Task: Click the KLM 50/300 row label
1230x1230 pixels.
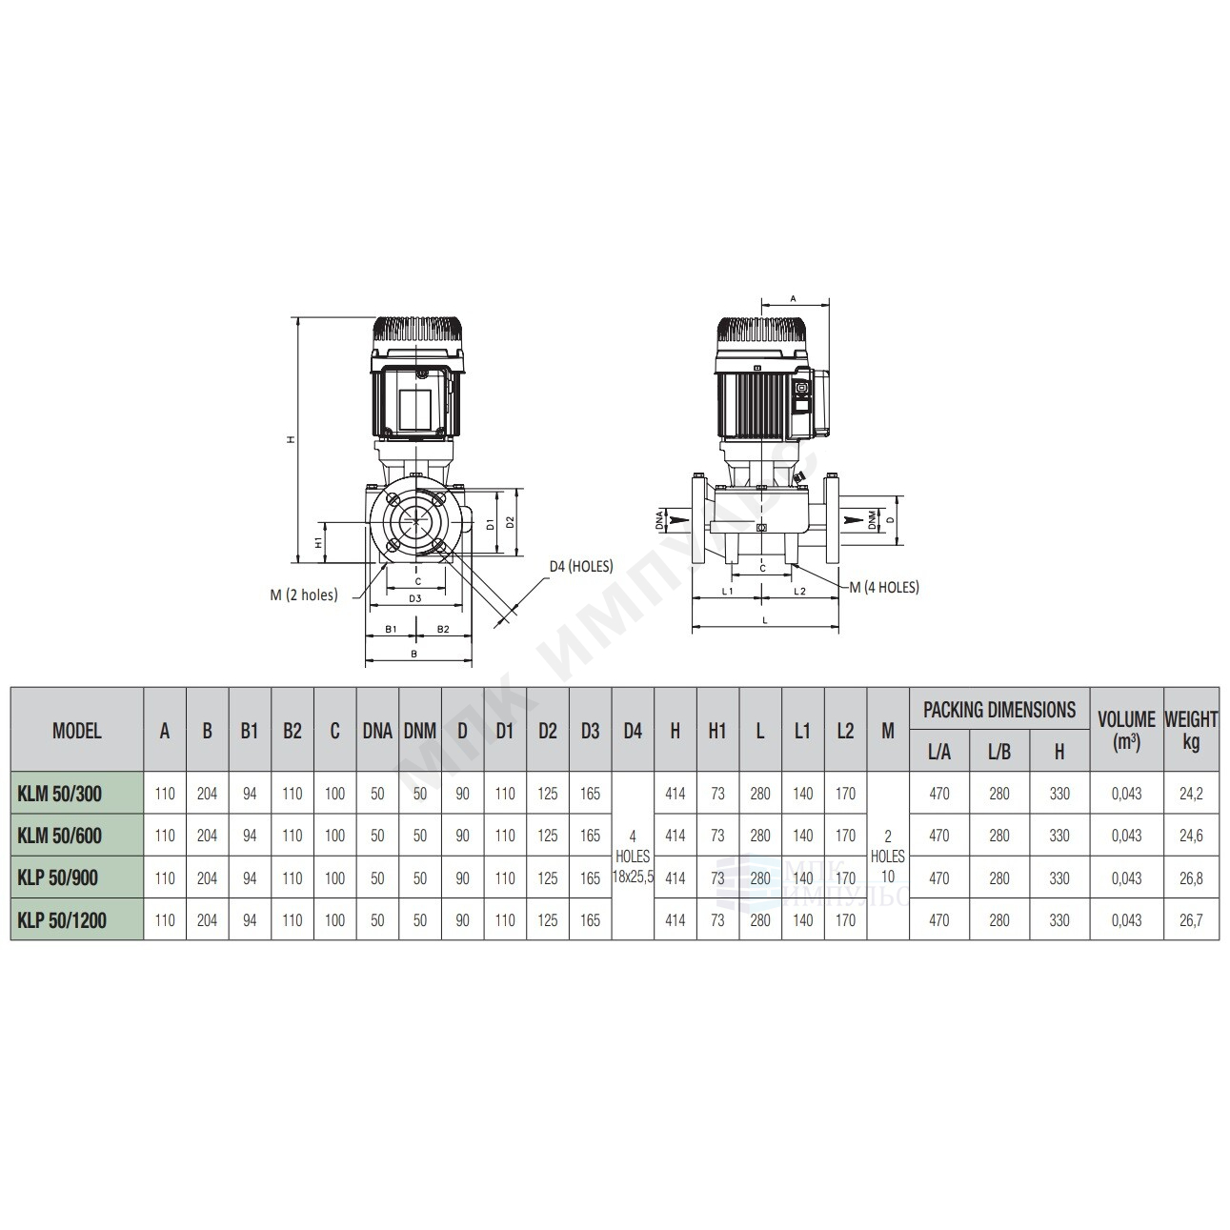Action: (x=59, y=794)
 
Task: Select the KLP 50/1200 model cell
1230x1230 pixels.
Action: (x=62, y=920)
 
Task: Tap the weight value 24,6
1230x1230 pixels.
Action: (x=1191, y=836)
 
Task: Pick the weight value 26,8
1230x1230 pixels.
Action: (x=1191, y=878)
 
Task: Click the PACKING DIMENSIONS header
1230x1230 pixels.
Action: (x=998, y=710)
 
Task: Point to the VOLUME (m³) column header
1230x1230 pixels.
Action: (x=1126, y=730)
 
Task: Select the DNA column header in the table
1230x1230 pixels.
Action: (x=377, y=731)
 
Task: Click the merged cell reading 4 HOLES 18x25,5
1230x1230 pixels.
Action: (x=633, y=856)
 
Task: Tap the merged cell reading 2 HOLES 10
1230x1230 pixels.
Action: (x=887, y=856)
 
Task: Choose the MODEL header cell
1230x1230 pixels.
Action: (x=76, y=731)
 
